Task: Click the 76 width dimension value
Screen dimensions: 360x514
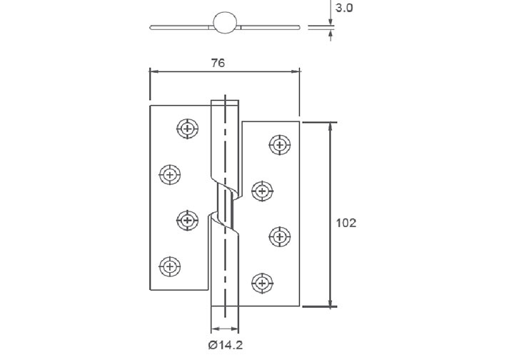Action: [218, 63]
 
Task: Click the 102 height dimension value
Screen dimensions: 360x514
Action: [346, 222]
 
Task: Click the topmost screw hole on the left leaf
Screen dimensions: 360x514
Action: [187, 129]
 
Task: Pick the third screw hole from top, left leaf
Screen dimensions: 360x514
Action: [187, 221]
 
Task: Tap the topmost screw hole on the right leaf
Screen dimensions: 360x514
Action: [279, 144]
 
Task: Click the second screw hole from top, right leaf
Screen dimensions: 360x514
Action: [262, 191]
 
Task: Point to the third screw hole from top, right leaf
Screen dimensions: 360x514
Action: [279, 236]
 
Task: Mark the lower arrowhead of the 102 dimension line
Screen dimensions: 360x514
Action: [330, 302]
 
